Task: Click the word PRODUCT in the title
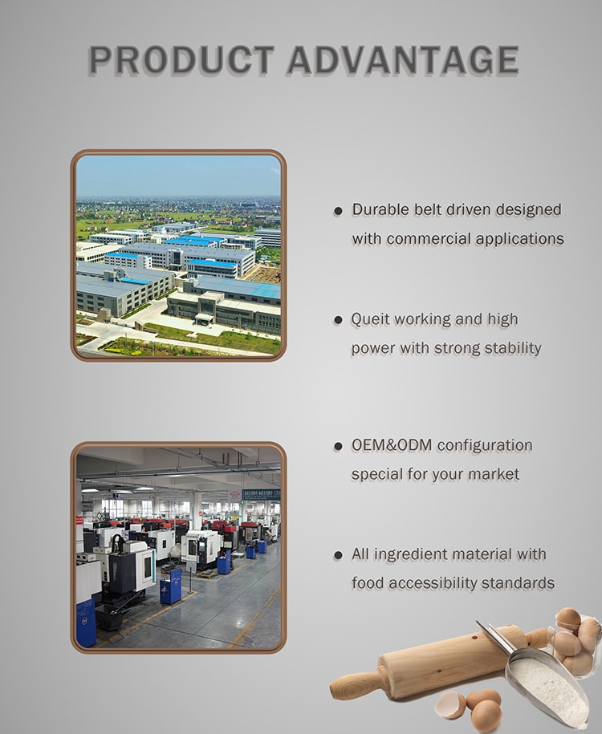coord(181,60)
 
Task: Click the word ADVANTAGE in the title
coord(404,60)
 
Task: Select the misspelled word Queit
coord(370,319)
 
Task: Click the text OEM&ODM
coord(392,444)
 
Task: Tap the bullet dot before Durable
coord(338,212)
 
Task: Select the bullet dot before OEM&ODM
coord(338,447)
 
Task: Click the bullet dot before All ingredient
coord(338,556)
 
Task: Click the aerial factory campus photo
coord(178,256)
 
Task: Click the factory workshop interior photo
coord(178,547)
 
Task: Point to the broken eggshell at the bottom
coord(450,705)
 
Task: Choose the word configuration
coord(485,445)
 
